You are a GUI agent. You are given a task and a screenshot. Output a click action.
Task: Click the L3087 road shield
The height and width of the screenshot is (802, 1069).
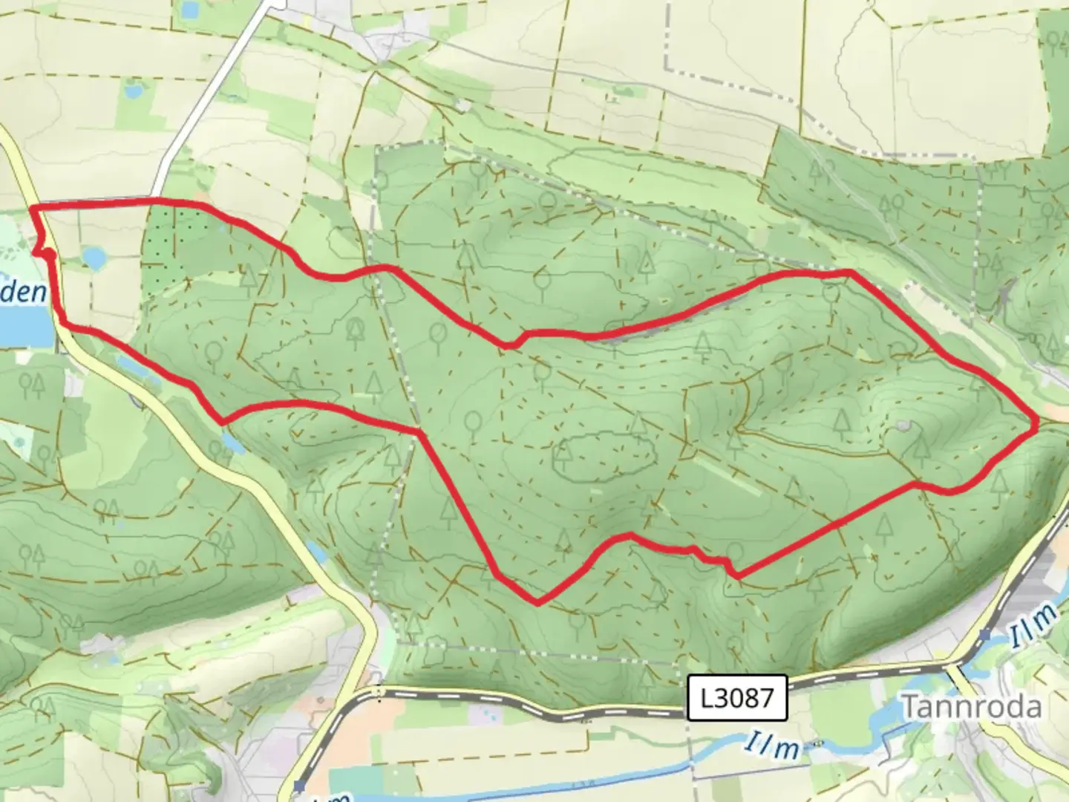[x=737, y=697]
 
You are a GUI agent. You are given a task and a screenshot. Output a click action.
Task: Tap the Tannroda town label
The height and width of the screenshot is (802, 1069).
[x=971, y=706]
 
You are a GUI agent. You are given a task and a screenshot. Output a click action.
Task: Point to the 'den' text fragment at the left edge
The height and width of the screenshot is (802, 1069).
[x=22, y=292]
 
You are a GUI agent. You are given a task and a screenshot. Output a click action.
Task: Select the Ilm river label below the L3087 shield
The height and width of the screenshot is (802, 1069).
[x=774, y=746]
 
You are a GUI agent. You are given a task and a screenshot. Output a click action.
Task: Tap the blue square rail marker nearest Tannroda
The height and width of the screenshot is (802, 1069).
[x=984, y=635]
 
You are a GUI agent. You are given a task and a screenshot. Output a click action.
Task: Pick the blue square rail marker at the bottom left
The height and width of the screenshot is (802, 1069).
[x=298, y=786]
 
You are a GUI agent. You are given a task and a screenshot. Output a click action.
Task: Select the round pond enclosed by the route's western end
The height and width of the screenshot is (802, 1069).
[x=94, y=258]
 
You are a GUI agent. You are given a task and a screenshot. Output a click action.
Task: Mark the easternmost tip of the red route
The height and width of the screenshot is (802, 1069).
[x=1036, y=424]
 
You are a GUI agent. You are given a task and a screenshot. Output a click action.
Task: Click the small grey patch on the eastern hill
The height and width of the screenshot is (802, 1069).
[x=902, y=426]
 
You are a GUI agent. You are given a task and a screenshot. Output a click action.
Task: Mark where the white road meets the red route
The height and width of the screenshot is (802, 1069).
[x=156, y=200]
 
